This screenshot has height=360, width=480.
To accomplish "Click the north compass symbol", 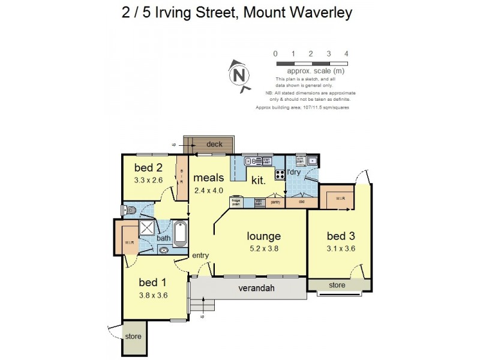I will pyautogui.click(x=239, y=76).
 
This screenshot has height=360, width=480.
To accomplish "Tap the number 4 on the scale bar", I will pyautogui.click(x=347, y=53).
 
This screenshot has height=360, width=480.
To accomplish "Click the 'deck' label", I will pyautogui.click(x=214, y=144).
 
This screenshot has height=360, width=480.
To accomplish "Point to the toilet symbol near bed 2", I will pyautogui.click(x=127, y=210).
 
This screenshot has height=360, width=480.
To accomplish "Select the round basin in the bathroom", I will pyautogui.click(x=163, y=251).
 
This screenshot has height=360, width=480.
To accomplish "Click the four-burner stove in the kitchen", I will pyautogui.click(x=280, y=175).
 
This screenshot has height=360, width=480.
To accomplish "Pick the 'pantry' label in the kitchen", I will pyautogui.click(x=275, y=203).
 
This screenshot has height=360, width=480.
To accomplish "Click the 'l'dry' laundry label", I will pyautogui.click(x=294, y=173).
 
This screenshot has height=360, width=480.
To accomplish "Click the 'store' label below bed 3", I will pyautogui.click(x=337, y=285).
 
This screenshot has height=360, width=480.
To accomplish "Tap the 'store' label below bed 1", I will pyautogui.click(x=133, y=337).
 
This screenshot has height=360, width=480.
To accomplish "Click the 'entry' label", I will pyautogui.click(x=200, y=256).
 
